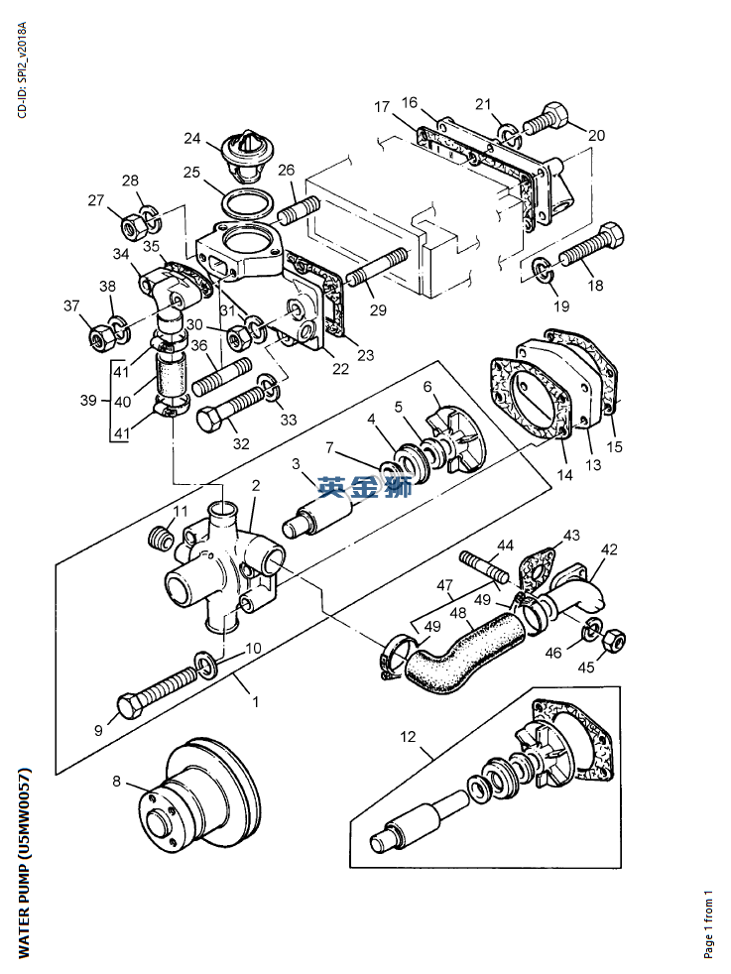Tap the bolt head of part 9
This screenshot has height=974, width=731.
coord(129,708)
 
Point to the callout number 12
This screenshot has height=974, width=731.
coord(408,737)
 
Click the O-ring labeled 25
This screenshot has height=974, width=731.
coord(248,203)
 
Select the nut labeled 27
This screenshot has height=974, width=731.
coord(132,226)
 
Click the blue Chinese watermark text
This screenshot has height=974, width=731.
coord(365,487)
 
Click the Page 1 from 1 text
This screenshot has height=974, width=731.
coord(708,924)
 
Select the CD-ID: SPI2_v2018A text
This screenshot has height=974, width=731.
coord(22,70)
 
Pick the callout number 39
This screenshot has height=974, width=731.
coord(88,400)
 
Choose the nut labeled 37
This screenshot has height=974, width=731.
coord(100,336)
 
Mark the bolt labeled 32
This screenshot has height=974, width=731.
coord(231,407)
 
